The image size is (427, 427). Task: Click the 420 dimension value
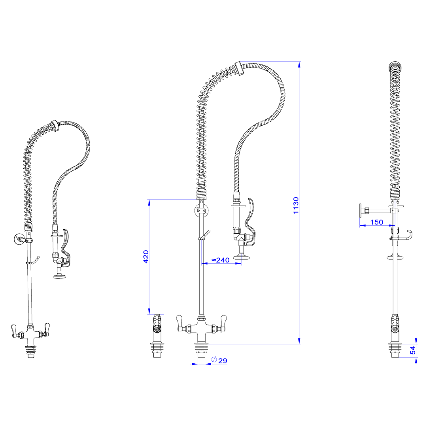click(146, 257)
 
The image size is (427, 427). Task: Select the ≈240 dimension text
click(221, 260)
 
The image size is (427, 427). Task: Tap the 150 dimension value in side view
click(376, 222)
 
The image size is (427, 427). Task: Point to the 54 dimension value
click(413, 350)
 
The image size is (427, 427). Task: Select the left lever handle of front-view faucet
click(180, 321)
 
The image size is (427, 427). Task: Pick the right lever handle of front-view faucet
click(223, 321)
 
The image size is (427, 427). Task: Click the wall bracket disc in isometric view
click(18, 239)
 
